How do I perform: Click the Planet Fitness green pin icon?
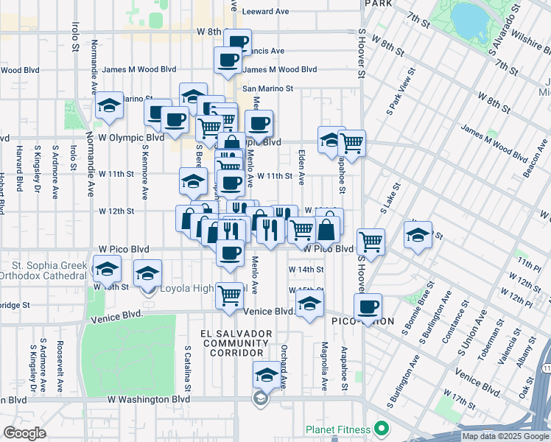coord(381,427)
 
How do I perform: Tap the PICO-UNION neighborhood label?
coord(363,322)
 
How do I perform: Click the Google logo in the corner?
coord(24,433)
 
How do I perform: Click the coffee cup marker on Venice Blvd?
coord(368,307)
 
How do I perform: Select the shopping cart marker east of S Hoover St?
coord(371,242)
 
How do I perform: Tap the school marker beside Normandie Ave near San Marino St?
coord(109,107)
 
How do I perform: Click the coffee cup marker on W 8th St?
coord(237,43)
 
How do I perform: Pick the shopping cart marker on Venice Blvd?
coord(231,295)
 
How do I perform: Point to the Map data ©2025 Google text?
coord(505,436)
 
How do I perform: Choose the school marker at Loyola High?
coord(147,274)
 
